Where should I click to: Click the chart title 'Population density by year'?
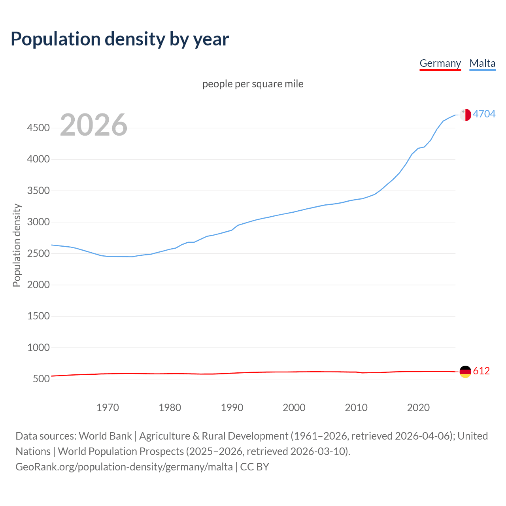tap(120, 39)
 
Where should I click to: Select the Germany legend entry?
tap(440, 63)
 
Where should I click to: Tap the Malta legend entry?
tap(482, 63)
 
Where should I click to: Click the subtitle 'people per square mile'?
tap(253, 84)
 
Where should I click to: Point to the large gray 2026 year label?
tap(94, 125)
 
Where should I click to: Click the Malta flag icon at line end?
tap(465, 115)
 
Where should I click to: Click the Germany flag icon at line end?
tap(465, 371)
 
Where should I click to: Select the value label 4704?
tap(484, 114)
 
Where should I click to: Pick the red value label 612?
tap(481, 371)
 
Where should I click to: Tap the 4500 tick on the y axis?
tap(38, 128)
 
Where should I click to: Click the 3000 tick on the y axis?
tap(38, 222)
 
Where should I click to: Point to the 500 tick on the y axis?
tap(41, 379)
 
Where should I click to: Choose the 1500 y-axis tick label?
tap(38, 316)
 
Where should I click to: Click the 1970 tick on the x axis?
tap(108, 408)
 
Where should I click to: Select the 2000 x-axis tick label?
tap(294, 408)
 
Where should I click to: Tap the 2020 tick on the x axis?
tap(418, 408)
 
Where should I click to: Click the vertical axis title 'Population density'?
tap(17, 245)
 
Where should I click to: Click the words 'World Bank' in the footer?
tap(105, 436)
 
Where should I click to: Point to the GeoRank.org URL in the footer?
tap(124, 467)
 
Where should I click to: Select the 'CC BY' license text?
tap(255, 467)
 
